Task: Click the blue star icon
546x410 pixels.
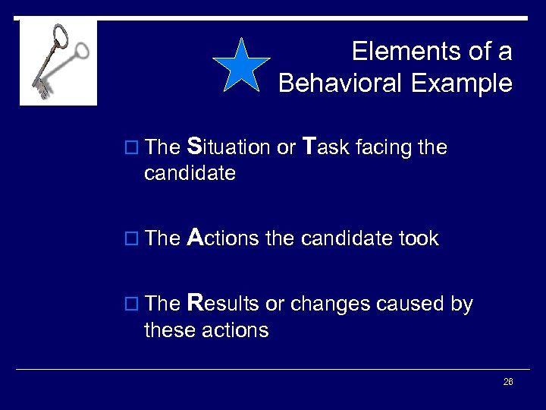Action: [x=240, y=64]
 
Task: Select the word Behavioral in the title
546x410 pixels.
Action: [x=342, y=82]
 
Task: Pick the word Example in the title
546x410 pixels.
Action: [x=464, y=82]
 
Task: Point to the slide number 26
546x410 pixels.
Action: [x=508, y=381]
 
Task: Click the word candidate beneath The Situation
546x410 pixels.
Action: [x=190, y=174]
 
